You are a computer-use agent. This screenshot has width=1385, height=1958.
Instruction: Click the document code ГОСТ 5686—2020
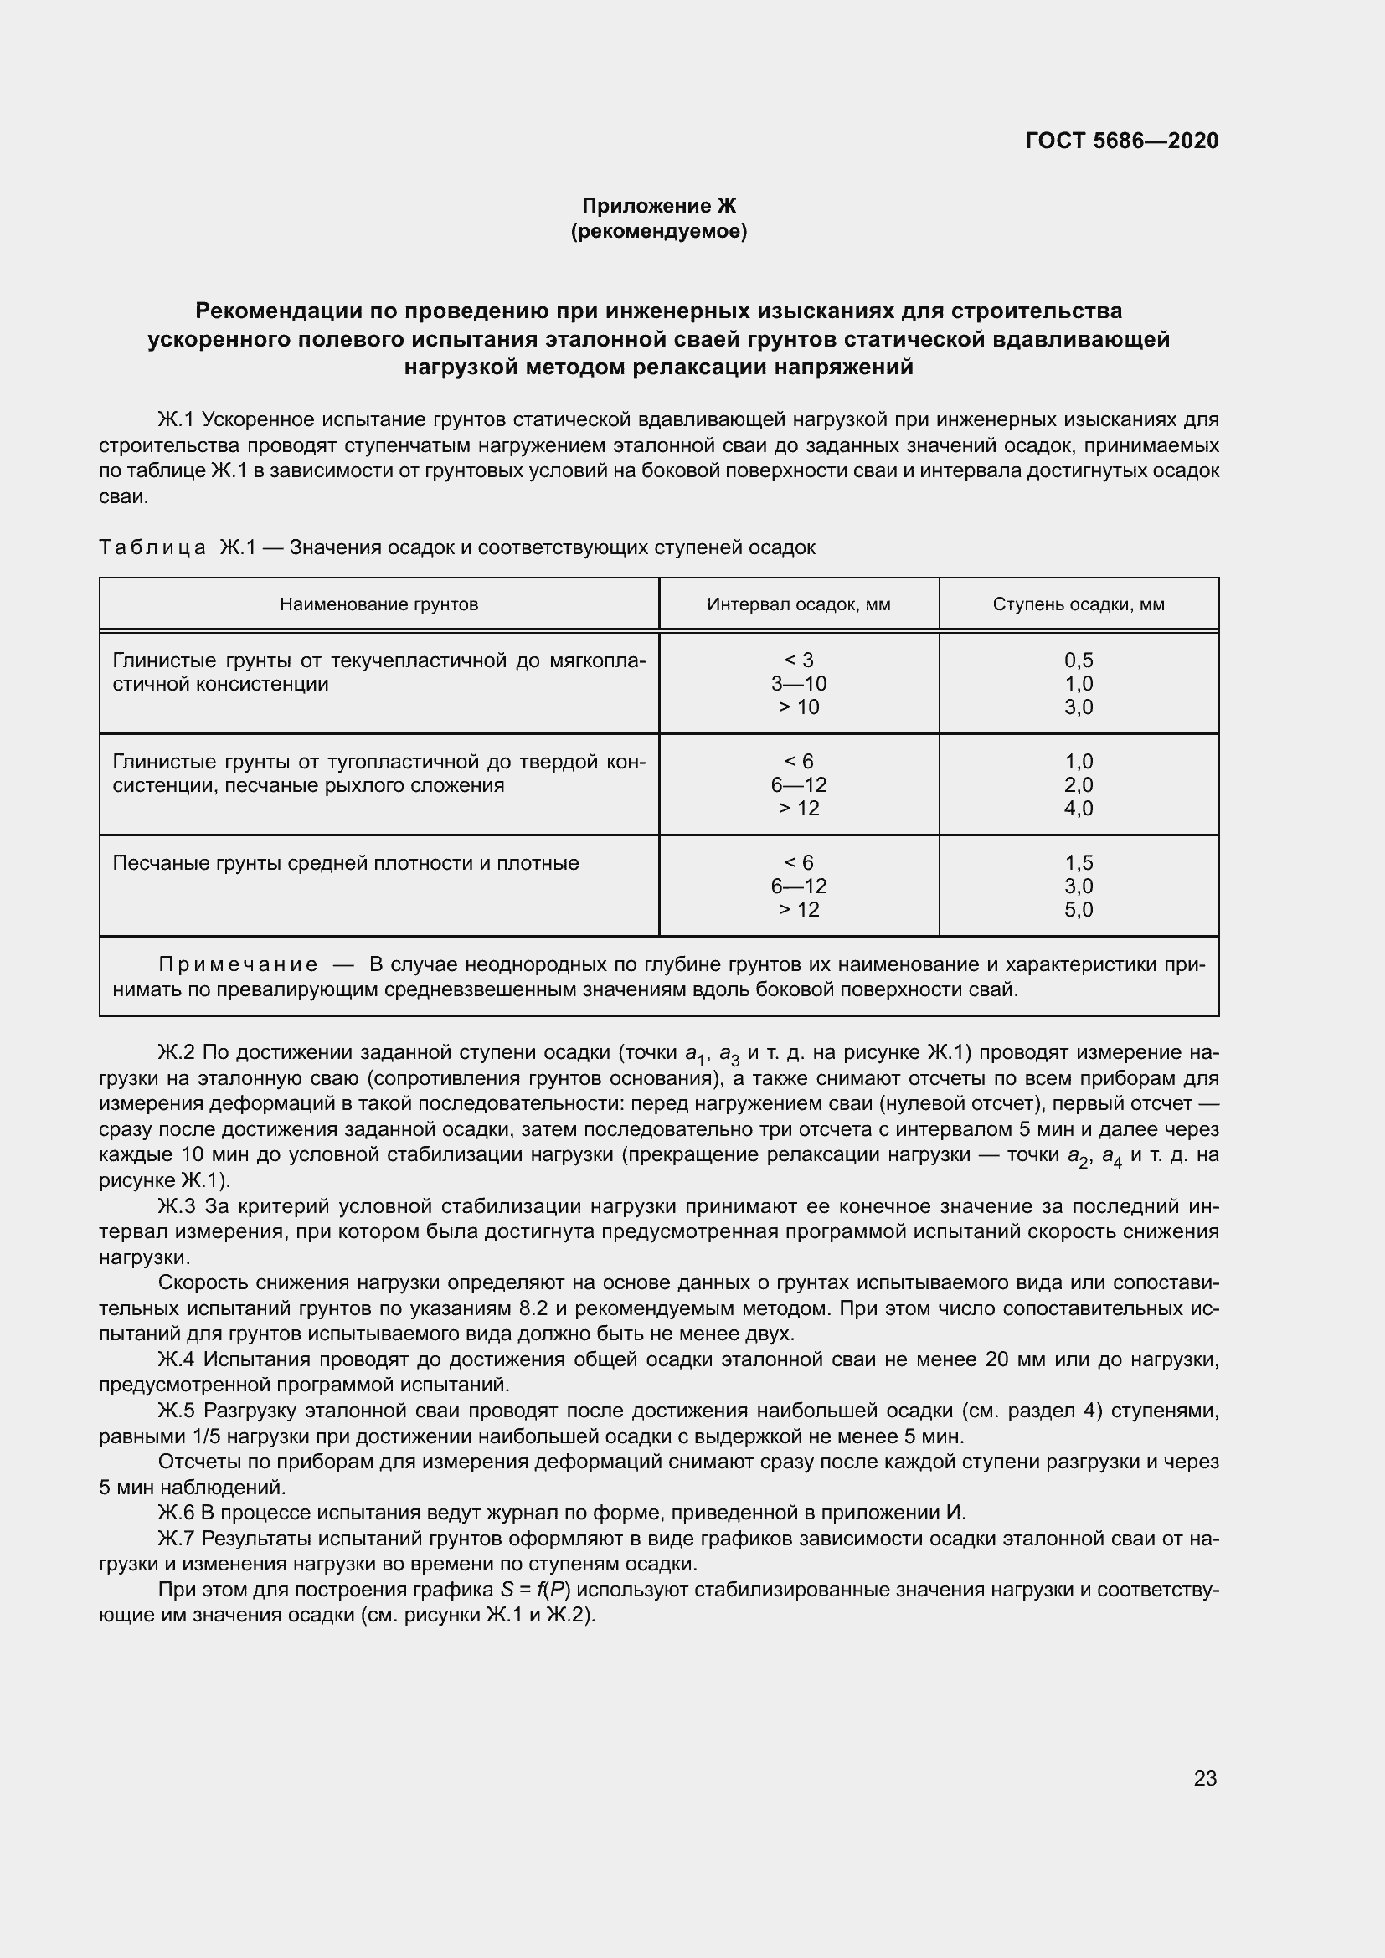pos(1121,141)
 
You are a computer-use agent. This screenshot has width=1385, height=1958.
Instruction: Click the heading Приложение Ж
pos(658,206)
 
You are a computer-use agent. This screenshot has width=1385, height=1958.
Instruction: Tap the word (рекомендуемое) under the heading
pos(658,231)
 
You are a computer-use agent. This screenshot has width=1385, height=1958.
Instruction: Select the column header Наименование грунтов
pos(378,604)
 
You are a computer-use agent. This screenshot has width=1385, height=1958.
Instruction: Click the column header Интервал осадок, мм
pos(798,604)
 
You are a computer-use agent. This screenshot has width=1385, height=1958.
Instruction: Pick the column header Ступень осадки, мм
pos(1078,604)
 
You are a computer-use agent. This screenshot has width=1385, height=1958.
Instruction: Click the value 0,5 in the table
pos(1078,660)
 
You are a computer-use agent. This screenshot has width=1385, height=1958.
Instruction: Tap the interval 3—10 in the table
pos(798,684)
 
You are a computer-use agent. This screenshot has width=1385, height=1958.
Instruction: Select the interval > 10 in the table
pos(798,707)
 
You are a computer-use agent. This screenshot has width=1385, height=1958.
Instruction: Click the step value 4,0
pos(1078,809)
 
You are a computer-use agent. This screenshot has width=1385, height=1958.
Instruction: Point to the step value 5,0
pos(1078,910)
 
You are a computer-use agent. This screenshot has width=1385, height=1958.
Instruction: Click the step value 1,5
pos(1078,863)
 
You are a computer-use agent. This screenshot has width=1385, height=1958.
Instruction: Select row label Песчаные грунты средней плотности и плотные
pos(345,863)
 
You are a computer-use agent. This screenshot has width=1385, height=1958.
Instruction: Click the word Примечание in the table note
pos(238,964)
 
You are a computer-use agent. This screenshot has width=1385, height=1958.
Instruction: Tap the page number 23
pos(1205,1778)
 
